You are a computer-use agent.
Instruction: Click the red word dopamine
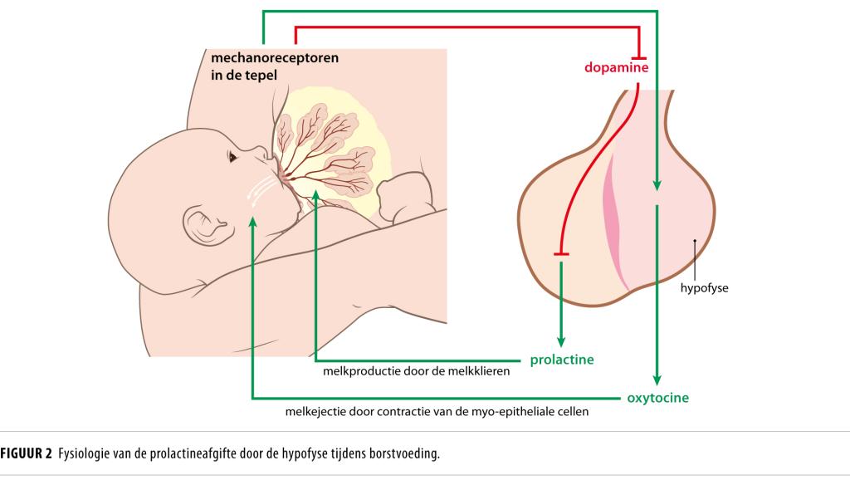point(616,66)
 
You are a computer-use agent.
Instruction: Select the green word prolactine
point(563,360)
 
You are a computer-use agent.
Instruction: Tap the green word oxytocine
point(657,397)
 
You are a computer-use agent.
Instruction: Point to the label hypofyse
point(703,289)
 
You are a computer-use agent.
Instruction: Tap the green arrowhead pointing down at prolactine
point(561,340)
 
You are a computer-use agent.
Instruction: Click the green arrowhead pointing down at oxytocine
point(657,378)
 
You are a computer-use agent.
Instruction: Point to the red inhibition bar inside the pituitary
point(561,252)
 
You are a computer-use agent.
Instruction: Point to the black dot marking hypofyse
point(695,242)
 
